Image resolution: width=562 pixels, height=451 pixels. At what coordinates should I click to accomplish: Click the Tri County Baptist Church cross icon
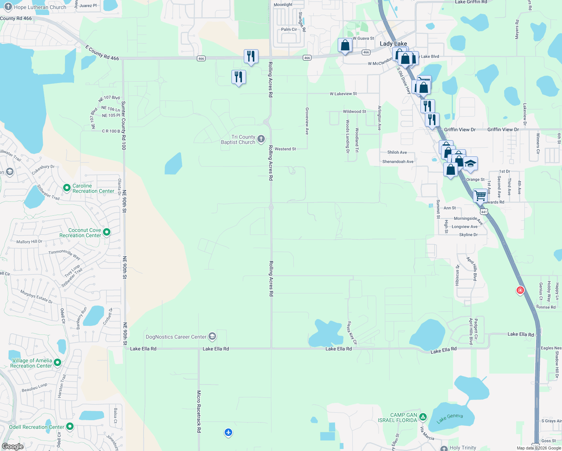(261, 139)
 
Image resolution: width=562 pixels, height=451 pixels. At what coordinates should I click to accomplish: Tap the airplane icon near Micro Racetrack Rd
(228, 432)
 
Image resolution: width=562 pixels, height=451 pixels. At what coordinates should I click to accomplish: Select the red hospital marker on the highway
(520, 290)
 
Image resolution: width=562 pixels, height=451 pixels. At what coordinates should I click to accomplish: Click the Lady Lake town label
(393, 44)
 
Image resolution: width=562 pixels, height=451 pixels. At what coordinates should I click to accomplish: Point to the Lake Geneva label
(450, 418)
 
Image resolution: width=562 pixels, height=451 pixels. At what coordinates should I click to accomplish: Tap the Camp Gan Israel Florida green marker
(423, 417)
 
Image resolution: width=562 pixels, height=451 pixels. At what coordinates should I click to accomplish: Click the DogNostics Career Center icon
(212, 336)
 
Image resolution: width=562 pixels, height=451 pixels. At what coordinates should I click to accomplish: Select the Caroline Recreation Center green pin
(67, 188)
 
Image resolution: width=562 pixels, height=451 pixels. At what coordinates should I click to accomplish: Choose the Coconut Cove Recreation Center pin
(107, 232)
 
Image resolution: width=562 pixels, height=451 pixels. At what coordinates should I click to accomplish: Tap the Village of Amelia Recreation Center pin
(57, 362)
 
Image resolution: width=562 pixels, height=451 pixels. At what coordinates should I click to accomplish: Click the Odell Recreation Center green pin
(70, 427)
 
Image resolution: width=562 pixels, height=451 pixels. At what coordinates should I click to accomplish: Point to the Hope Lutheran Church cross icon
(8, 7)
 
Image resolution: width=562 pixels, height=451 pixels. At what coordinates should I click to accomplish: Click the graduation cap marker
(470, 164)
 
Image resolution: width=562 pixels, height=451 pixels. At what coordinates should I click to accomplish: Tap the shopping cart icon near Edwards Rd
(480, 195)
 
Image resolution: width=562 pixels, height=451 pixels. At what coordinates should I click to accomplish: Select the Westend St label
(285, 149)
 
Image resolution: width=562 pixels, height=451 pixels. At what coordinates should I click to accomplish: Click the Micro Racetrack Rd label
(199, 411)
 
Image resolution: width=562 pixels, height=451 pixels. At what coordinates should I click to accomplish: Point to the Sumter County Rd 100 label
(124, 126)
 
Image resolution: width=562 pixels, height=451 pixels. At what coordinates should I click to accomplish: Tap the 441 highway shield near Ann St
(484, 212)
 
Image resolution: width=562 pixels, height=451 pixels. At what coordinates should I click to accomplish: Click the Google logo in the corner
(12, 446)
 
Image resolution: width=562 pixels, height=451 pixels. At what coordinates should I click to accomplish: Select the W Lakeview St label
(343, 94)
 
